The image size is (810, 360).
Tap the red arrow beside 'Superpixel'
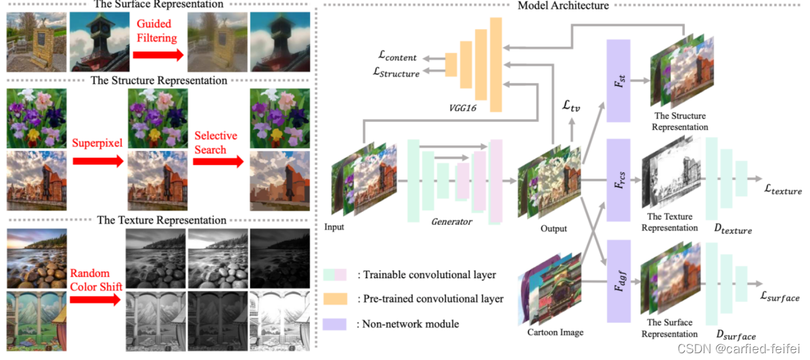[x=98, y=162]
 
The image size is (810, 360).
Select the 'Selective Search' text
[x=215, y=142]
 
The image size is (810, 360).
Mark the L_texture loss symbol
[x=778, y=192]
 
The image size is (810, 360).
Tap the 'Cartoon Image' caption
[x=555, y=332]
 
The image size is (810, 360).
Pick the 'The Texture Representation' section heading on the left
[x=162, y=220]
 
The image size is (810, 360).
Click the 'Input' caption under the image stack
[x=334, y=227]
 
